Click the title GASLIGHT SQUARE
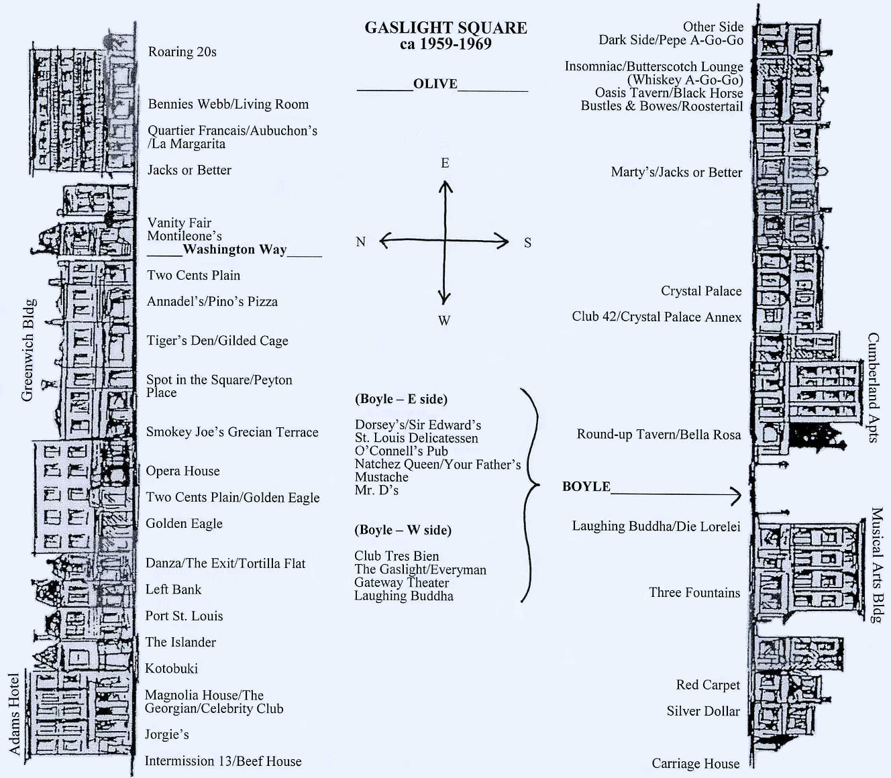click(x=445, y=28)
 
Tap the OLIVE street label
click(x=435, y=84)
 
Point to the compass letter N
click(x=360, y=241)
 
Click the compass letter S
click(x=527, y=243)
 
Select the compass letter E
click(x=445, y=163)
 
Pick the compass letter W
click(x=444, y=321)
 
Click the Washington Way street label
click(x=234, y=249)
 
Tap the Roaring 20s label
click(x=182, y=52)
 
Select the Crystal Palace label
click(x=701, y=291)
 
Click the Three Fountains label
click(x=694, y=593)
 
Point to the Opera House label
click(x=182, y=471)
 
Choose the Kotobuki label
click(x=172, y=668)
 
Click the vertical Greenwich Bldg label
click(x=28, y=350)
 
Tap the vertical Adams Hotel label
click(x=14, y=714)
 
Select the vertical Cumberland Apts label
click(x=873, y=388)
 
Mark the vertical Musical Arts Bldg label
click(x=876, y=565)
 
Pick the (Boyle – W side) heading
click(x=403, y=530)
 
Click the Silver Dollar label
click(x=703, y=711)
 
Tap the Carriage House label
click(x=695, y=763)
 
